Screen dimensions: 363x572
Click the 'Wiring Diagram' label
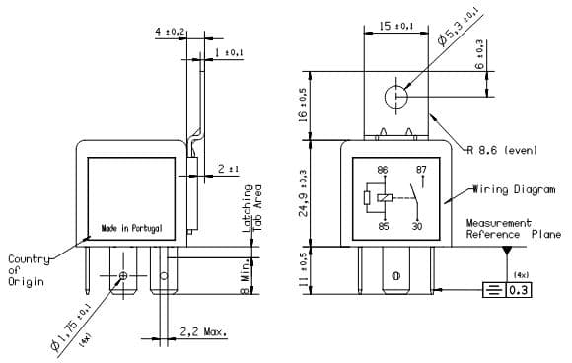point(507,188)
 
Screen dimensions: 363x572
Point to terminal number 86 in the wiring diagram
point(382,170)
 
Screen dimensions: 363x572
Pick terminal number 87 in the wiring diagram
point(421,170)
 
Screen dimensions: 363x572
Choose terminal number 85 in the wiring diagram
point(382,226)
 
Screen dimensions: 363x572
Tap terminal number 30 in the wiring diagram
point(418,226)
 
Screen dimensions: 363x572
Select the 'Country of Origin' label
point(28,270)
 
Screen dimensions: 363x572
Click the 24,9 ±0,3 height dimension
point(304,192)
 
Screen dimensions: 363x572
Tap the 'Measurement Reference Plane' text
point(513,229)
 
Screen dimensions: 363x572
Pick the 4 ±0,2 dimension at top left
point(170,33)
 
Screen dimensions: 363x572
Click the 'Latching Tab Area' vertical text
point(253,208)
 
